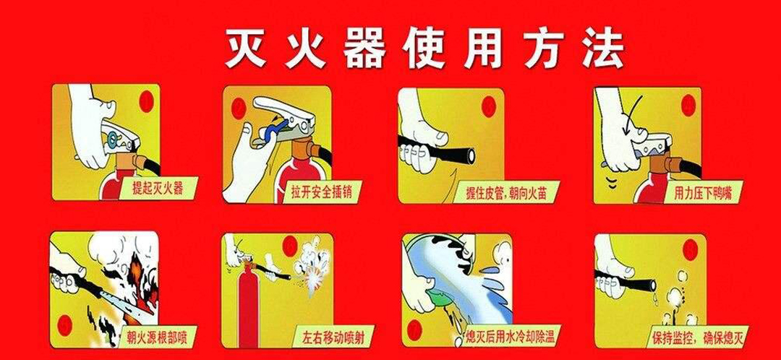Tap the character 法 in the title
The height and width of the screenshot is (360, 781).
pyautogui.click(x=605, y=48)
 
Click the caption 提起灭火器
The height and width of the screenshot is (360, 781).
pyautogui.click(x=158, y=189)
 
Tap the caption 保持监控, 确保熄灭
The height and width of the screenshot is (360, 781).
pyautogui.click(x=697, y=337)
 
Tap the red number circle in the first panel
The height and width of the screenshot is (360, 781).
pyautogui.click(x=146, y=102)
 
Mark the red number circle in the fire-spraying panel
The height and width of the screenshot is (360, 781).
pyautogui.click(x=64, y=325)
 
